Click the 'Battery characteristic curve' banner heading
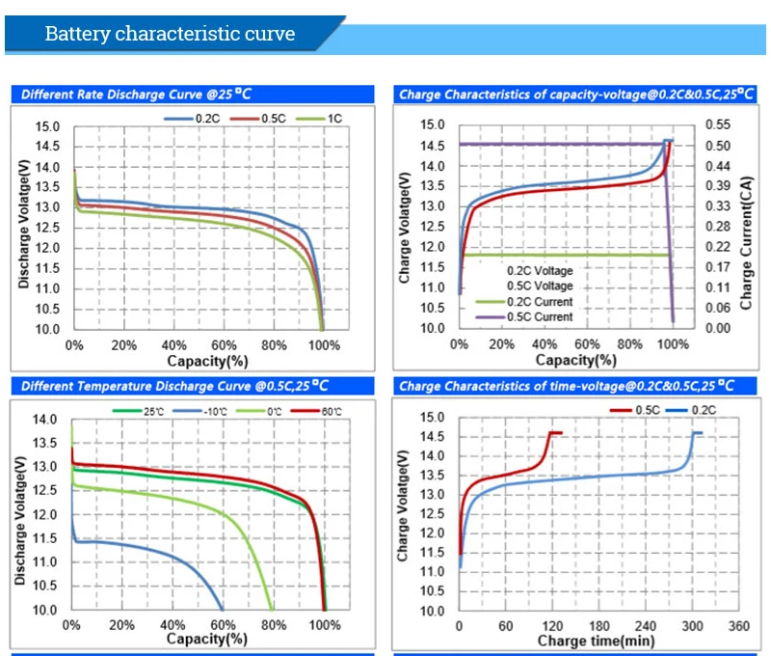click(x=171, y=35)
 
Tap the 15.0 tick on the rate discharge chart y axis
click(x=47, y=126)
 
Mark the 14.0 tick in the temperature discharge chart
click(x=45, y=420)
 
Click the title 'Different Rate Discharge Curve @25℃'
click(x=125, y=95)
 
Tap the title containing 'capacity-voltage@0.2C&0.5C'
click(x=563, y=95)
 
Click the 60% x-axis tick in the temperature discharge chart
click(x=224, y=625)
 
